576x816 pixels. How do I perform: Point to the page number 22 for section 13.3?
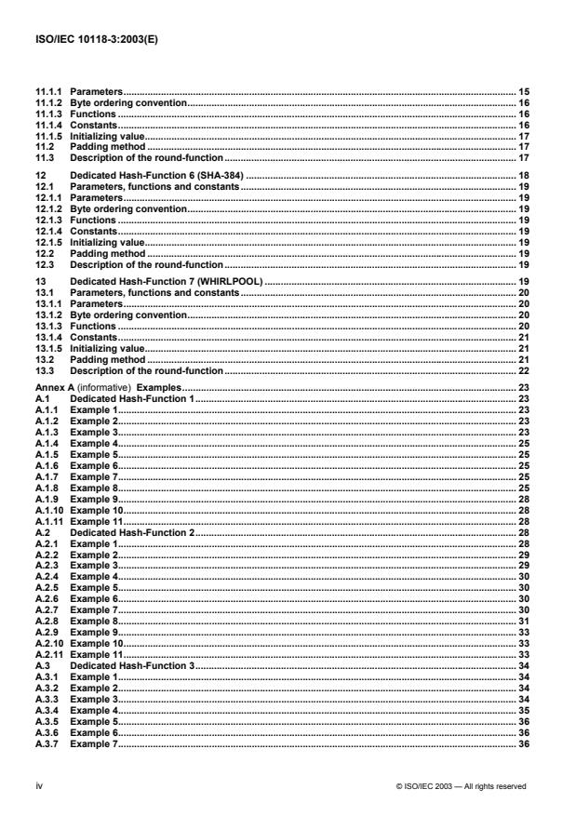point(523,369)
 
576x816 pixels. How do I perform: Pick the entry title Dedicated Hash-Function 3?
point(133,667)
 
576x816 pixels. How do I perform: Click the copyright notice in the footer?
point(461,786)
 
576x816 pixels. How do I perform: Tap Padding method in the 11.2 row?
point(107,146)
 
